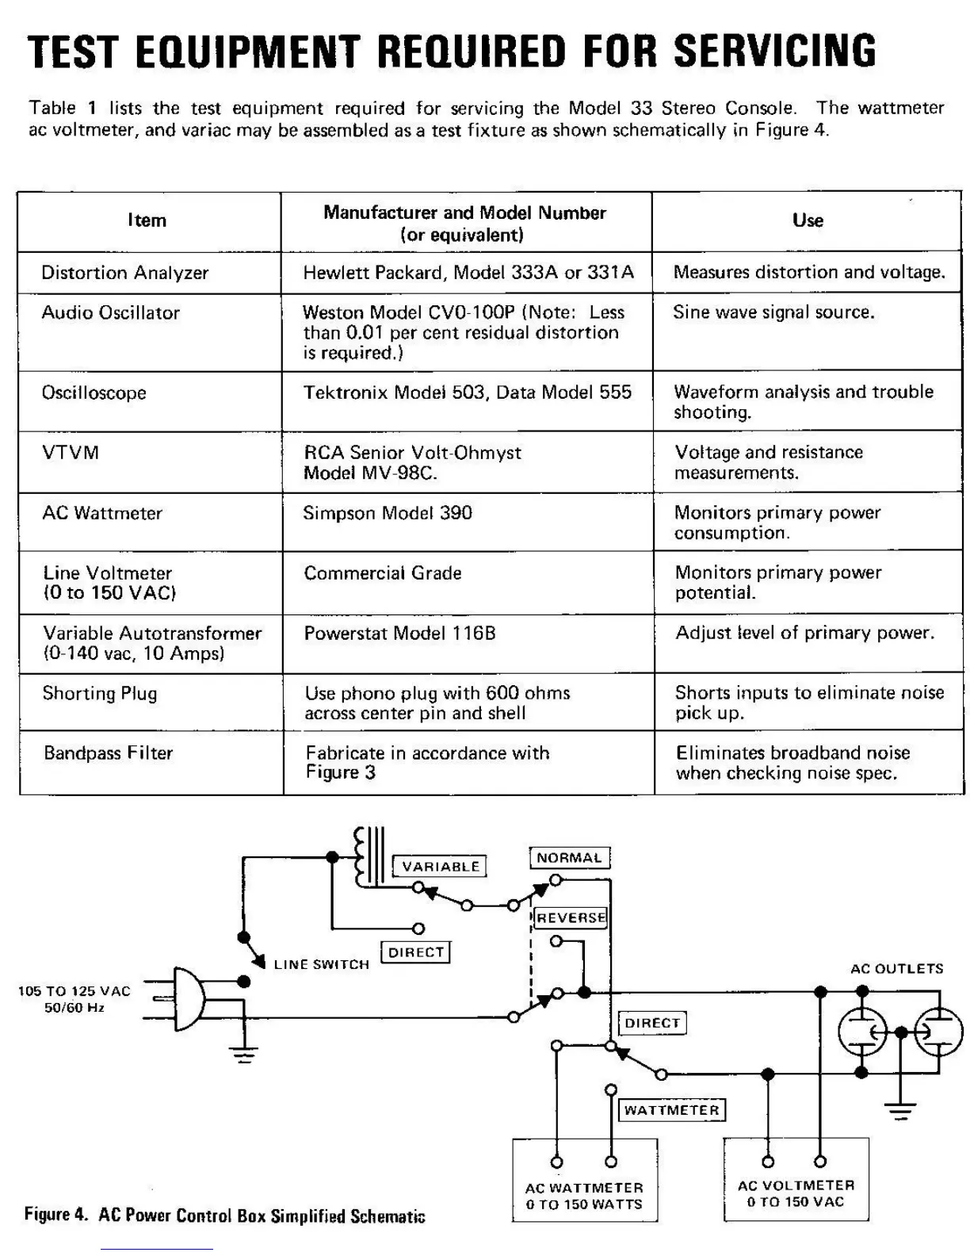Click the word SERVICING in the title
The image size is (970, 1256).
(775, 52)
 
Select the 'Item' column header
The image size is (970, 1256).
(147, 220)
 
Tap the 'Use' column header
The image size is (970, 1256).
(808, 220)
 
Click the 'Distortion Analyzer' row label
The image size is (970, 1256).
(124, 273)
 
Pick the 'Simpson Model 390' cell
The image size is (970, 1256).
(388, 513)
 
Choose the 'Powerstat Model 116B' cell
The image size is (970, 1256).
(399, 633)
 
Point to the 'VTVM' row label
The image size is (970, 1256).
(71, 453)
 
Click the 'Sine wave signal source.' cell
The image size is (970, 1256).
(773, 312)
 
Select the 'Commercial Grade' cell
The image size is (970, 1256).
(383, 572)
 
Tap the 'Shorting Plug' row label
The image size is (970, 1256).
(100, 693)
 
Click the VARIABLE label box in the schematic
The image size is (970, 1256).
(441, 867)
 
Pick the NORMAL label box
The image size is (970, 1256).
(569, 858)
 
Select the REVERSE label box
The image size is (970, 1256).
(571, 918)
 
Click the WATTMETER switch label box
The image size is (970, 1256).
(671, 1110)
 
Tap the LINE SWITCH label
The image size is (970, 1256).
(321, 965)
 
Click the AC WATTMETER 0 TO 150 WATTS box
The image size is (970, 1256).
(584, 1180)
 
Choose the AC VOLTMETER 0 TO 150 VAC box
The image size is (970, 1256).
(796, 1180)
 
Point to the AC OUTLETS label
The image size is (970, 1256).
(896, 968)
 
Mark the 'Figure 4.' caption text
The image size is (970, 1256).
(55, 1215)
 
